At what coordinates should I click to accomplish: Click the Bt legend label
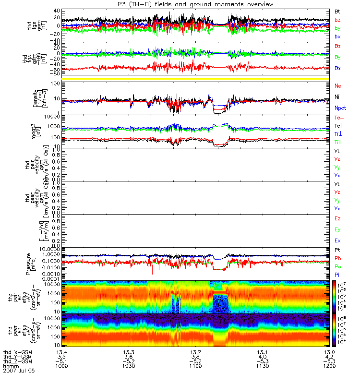pos(338,11)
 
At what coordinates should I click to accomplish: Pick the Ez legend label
pos(338,218)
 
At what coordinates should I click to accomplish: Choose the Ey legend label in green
pos(338,229)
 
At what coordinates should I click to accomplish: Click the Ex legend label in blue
pos(338,240)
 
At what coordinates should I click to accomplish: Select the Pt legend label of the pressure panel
pos(337,251)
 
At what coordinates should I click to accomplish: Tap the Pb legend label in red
pos(338,259)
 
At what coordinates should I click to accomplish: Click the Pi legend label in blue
pos(337,275)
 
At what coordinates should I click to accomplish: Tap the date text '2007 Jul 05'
pos(19,371)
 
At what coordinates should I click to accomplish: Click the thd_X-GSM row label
pos(17,352)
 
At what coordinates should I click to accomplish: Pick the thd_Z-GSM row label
pos(17,361)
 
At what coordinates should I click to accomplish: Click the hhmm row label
pos(10,365)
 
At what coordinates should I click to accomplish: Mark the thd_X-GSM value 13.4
pos(61,352)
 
